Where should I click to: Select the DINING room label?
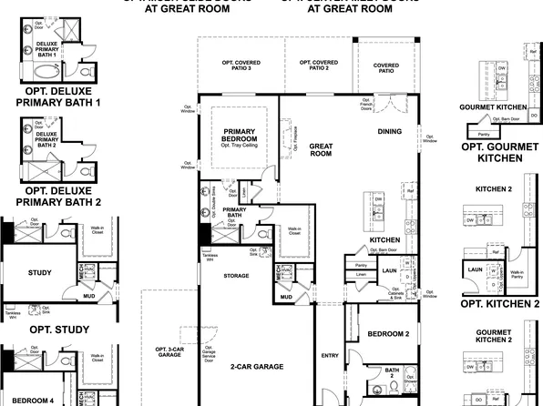pos(389,131)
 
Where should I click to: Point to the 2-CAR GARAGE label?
pos(257,366)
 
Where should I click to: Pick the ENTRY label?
pos(330,355)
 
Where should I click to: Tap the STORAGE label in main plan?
pos(235,275)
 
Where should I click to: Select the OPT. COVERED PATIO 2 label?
pos(314,66)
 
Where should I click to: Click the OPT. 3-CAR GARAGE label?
pos(169,353)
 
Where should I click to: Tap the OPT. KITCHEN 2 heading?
pos(500,303)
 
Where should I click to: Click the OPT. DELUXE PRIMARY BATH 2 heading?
pos(57,197)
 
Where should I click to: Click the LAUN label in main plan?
pos(389,270)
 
